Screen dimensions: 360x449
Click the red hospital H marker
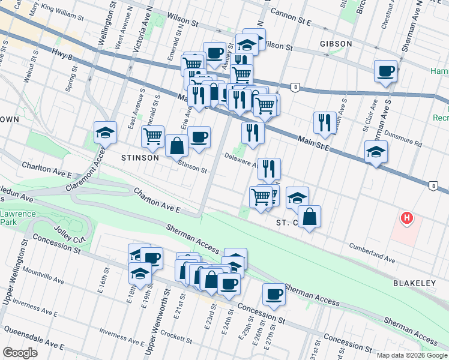click(x=407, y=218)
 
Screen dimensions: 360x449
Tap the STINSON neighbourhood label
click(x=140, y=158)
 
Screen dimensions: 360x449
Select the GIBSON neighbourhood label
click(x=337, y=44)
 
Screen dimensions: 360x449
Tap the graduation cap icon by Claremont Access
click(x=106, y=133)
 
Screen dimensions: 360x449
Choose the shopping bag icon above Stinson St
click(x=176, y=146)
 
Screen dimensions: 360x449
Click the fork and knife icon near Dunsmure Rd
click(x=325, y=122)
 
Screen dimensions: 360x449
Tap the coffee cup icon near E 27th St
click(x=274, y=294)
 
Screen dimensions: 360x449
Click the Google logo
click(x=20, y=353)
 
